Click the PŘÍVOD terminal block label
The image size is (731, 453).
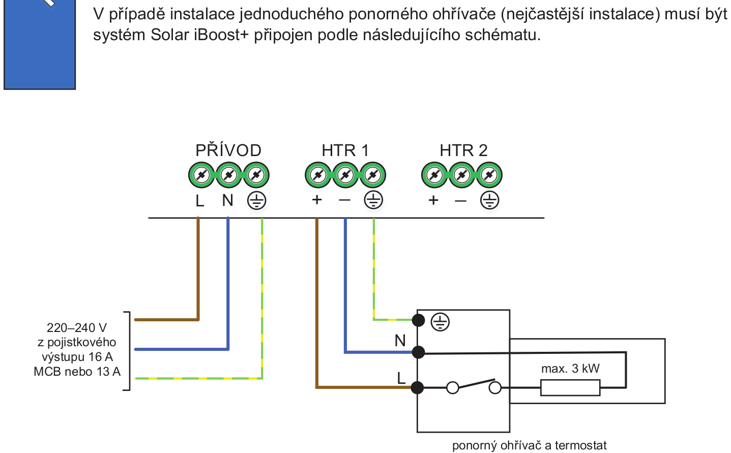pos(228,150)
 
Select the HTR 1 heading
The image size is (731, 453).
pos(345,150)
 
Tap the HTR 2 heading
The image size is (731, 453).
pos(463,150)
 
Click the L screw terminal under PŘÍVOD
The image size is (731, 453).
pos(201,175)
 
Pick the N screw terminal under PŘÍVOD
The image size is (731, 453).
pos(229,175)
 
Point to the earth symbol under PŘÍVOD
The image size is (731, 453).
pos(257,201)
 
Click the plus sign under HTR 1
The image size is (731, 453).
pos(317,200)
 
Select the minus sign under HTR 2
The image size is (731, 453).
pos(460,201)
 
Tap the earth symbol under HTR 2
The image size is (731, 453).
pos(489,201)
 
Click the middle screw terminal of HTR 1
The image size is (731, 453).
pos(345,175)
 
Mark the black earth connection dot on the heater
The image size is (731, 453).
pos(418,320)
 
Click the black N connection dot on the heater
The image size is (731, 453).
pos(418,352)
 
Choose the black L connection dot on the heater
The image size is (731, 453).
pos(417,388)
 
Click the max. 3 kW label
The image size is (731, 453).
pos(570,369)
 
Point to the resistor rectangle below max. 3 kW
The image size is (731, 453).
pos(570,388)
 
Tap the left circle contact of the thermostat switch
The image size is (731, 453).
pos(452,388)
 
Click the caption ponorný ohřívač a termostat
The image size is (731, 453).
pos(529,446)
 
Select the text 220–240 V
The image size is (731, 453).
pos(77,328)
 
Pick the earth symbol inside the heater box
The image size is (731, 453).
pos(440,322)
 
